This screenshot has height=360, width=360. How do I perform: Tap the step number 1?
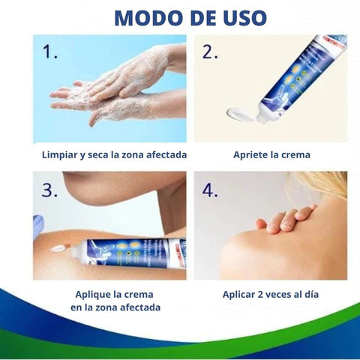(x=51, y=53)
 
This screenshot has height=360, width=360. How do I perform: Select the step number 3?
(x=50, y=190)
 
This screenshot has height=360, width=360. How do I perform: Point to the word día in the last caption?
(x=310, y=294)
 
